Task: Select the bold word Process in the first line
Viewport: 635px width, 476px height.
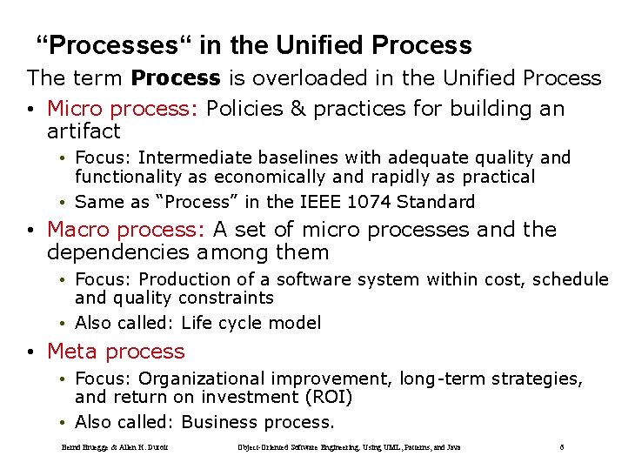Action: coord(175,78)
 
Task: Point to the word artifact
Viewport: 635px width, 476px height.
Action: coord(84,131)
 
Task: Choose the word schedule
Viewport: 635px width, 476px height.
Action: coord(570,279)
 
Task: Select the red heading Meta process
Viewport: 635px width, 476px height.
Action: coord(116,352)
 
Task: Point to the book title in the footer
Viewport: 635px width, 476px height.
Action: coord(349,447)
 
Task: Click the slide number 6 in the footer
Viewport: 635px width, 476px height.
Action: coord(562,447)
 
